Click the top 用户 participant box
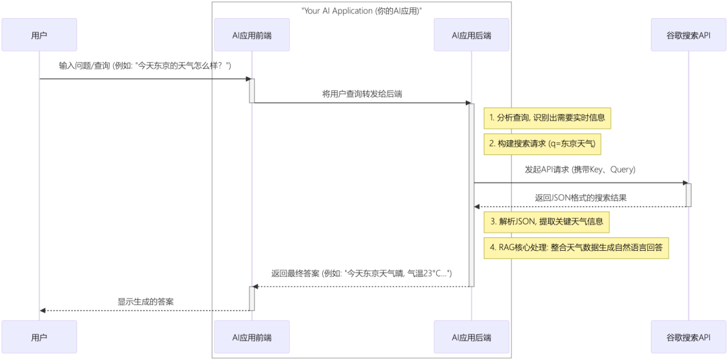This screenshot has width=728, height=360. click(x=39, y=35)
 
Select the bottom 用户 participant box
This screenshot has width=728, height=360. click(x=39, y=337)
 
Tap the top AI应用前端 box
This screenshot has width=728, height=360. click(x=251, y=35)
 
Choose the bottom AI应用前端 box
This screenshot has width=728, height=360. click(x=251, y=337)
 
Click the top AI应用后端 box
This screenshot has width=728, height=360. click(x=471, y=35)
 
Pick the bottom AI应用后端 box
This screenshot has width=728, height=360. click(x=471, y=337)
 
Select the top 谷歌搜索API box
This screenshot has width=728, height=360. click(x=688, y=35)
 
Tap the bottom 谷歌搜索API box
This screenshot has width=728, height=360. click(x=688, y=337)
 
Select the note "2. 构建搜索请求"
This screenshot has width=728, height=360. click(x=543, y=144)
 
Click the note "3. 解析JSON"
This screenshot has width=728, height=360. click(x=546, y=221)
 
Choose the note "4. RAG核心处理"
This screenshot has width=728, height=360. click(x=576, y=247)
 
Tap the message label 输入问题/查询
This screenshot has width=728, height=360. click(x=145, y=65)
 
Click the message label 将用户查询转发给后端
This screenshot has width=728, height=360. click(x=362, y=94)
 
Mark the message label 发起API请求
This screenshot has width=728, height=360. click(x=580, y=170)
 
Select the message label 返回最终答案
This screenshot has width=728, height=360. click(x=362, y=274)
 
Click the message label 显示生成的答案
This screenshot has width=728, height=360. click(x=145, y=301)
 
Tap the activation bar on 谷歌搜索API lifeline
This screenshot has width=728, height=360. click(x=688, y=195)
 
